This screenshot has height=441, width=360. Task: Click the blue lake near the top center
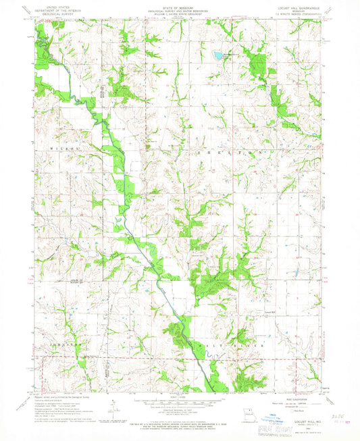[217, 53]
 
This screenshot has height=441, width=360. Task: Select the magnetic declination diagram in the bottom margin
[111, 405]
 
